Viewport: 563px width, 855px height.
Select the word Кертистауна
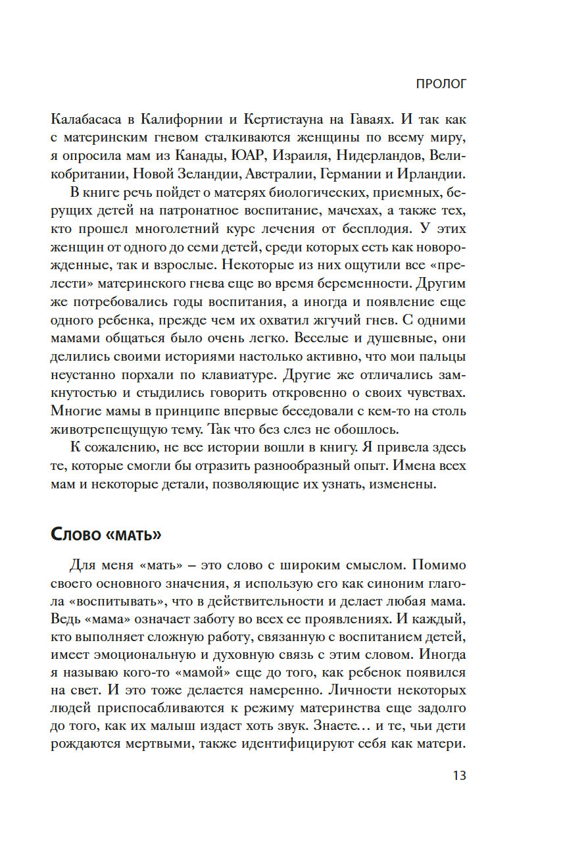(x=283, y=120)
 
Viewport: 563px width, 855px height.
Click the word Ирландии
(x=431, y=174)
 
